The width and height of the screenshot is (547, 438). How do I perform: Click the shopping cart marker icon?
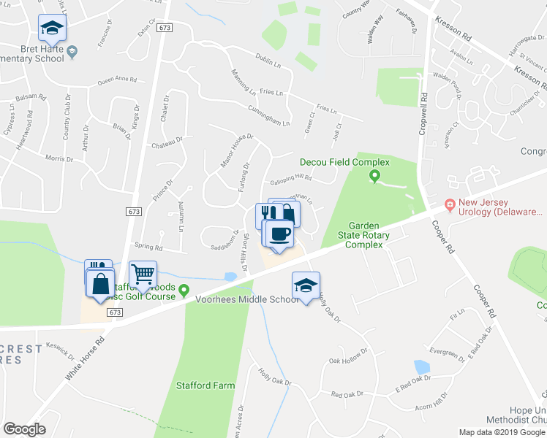click(143, 274)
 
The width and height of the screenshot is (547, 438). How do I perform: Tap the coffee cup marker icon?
click(278, 234)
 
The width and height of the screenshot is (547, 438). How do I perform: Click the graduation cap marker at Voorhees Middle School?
click(306, 285)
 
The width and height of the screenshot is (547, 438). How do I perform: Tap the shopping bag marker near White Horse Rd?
click(100, 283)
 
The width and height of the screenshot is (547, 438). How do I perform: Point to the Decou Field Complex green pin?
click(375, 175)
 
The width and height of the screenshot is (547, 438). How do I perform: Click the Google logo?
click(24, 429)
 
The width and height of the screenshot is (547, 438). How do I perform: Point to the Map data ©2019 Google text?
click(501, 432)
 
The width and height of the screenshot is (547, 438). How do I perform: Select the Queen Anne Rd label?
click(117, 80)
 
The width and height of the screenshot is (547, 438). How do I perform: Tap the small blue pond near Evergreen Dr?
click(421, 366)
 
